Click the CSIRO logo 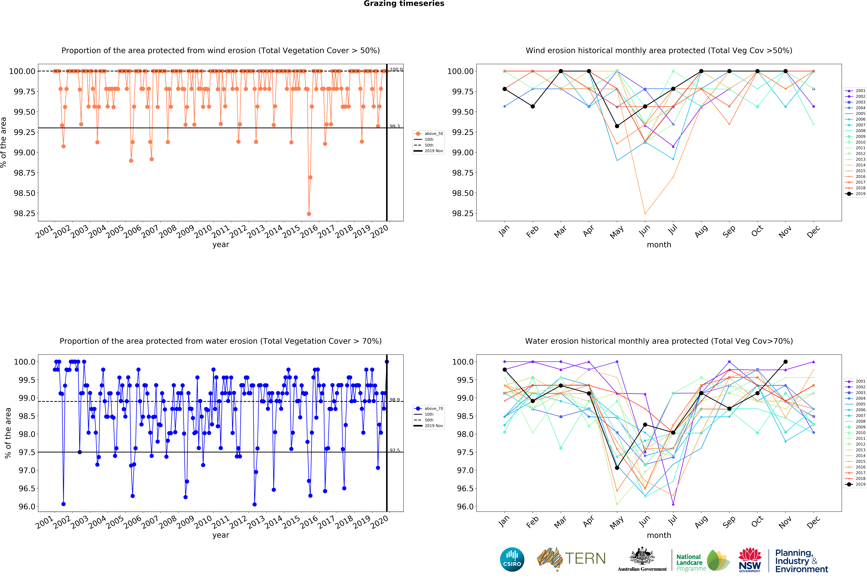pyautogui.click(x=512, y=559)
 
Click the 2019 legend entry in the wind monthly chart pyautogui.click(x=856, y=194)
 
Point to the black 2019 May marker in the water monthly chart pyautogui.click(x=617, y=468)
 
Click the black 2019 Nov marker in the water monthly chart pyautogui.click(x=785, y=362)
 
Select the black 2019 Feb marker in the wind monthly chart pyautogui.click(x=533, y=106)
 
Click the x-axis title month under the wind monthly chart pyautogui.click(x=659, y=245)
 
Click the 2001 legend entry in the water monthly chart pyautogui.click(x=856, y=381)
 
